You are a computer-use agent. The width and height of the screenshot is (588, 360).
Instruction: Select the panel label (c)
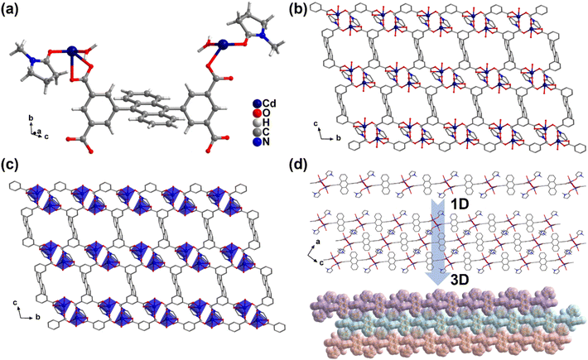10,165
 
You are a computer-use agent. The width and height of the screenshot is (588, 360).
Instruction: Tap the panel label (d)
300,165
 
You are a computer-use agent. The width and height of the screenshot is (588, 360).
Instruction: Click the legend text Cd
269,103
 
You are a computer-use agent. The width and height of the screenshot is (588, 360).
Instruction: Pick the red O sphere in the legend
258,113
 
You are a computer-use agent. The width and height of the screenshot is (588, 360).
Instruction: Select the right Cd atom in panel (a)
223,45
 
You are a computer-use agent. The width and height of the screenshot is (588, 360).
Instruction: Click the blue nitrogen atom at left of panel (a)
34,60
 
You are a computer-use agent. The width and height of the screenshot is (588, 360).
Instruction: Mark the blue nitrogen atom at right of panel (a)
264,36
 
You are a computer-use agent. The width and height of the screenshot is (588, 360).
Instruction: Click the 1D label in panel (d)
457,205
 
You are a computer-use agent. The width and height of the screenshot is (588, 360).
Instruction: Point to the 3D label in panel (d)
457,281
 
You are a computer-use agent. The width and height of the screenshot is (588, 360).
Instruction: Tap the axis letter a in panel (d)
318,242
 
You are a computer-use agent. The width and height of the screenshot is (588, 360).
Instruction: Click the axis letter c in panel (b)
319,123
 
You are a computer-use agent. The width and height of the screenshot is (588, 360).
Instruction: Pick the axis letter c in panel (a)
46,137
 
